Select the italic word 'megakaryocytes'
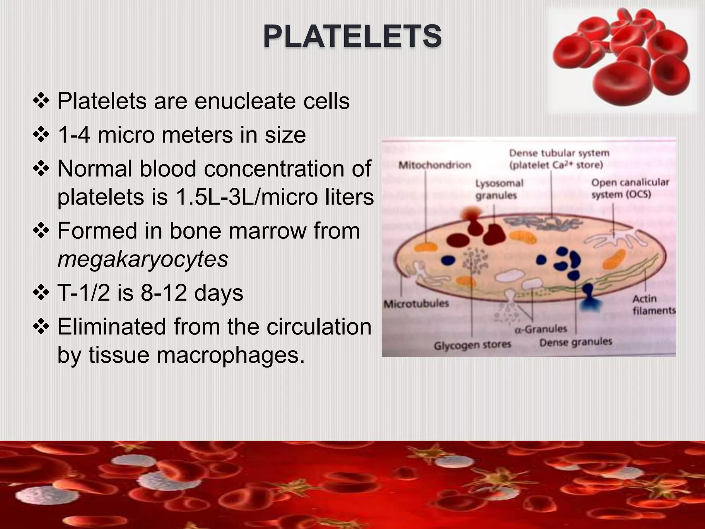click(x=143, y=259)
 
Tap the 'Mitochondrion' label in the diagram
click(x=435, y=165)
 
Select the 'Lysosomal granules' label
click(x=499, y=189)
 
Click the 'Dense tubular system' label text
click(x=559, y=153)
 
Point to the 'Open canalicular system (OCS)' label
click(x=630, y=189)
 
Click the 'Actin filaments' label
click(x=653, y=305)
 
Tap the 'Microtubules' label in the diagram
click(x=416, y=304)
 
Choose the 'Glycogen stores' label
click(x=472, y=345)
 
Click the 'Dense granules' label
click(x=575, y=342)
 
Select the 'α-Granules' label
click(x=541, y=330)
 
